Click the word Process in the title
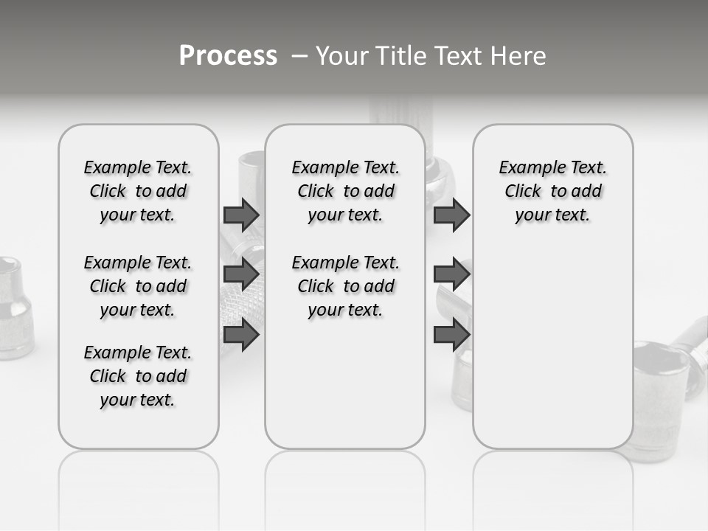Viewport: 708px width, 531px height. tap(228, 55)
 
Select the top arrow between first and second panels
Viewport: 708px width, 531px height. tap(241, 215)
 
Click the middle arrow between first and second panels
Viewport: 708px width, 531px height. tap(241, 274)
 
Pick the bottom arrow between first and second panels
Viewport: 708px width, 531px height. tap(241, 336)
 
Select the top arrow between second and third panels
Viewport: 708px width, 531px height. tap(451, 215)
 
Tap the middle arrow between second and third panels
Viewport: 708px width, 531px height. tap(451, 274)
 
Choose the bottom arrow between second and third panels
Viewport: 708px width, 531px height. tap(451, 336)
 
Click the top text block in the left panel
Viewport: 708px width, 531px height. tap(137, 191)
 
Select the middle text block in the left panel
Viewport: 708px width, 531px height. tap(137, 286)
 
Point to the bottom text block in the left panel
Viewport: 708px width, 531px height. tap(137, 376)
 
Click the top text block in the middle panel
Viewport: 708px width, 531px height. tap(345, 191)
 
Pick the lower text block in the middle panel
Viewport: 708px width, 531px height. tap(345, 286)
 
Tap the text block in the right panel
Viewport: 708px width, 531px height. tap(552, 191)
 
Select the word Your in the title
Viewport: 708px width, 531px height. tap(341, 56)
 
